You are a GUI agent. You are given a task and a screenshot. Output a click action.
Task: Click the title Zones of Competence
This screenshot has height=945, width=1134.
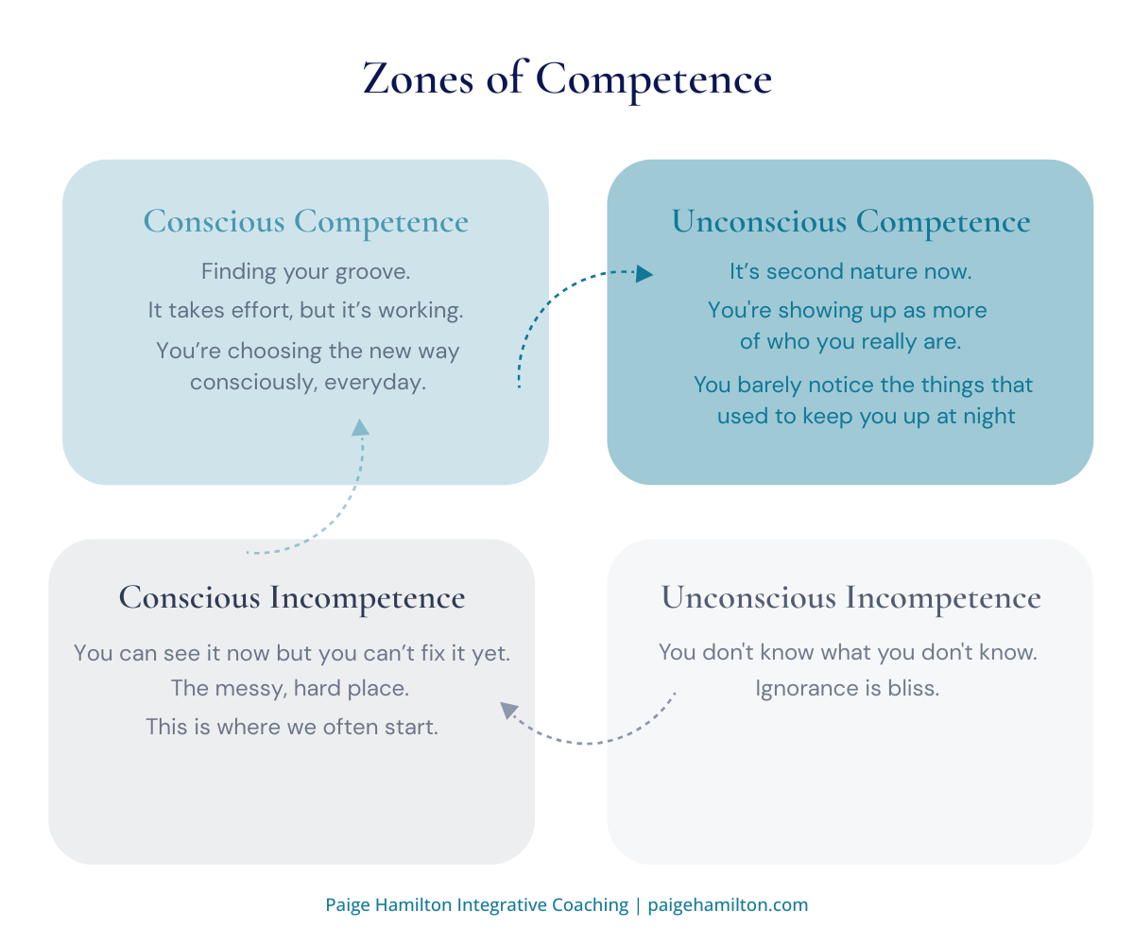pos(567,79)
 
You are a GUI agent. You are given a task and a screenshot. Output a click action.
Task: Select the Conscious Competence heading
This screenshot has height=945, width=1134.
pos(305,222)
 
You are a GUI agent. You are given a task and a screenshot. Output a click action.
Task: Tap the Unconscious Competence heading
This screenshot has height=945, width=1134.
pos(850,222)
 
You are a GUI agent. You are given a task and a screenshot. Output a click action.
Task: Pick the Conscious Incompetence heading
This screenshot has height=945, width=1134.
pos(291,598)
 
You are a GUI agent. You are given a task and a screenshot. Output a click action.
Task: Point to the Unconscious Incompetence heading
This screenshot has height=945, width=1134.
pos(850,598)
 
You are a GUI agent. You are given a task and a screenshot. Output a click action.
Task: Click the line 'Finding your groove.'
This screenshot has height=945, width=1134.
pos(305,272)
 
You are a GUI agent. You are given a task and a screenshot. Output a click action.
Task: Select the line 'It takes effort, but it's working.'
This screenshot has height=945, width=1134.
pos(305,310)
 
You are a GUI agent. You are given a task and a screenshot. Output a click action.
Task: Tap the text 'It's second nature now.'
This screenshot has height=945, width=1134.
pos(850,272)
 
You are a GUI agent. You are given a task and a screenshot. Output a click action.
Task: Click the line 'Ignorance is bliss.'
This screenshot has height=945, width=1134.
pos(848,689)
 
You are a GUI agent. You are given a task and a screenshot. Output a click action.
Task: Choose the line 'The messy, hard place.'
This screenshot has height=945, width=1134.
pos(290,689)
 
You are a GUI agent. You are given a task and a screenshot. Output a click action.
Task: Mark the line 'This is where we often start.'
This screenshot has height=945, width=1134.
pos(291,728)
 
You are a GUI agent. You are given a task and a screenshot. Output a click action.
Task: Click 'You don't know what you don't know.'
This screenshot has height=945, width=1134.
pos(848,652)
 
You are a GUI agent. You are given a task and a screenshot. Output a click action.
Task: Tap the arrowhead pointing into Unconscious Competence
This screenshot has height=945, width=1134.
pos(644,274)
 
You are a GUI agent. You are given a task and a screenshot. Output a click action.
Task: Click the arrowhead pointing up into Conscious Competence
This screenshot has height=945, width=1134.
pos(360,427)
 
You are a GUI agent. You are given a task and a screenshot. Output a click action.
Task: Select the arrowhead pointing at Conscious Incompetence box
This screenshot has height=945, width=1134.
pos(509,711)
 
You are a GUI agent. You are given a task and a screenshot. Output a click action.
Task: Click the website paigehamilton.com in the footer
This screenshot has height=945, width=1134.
pos(728,905)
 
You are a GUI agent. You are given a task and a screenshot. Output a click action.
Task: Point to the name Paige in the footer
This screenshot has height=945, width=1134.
pos(348,905)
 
